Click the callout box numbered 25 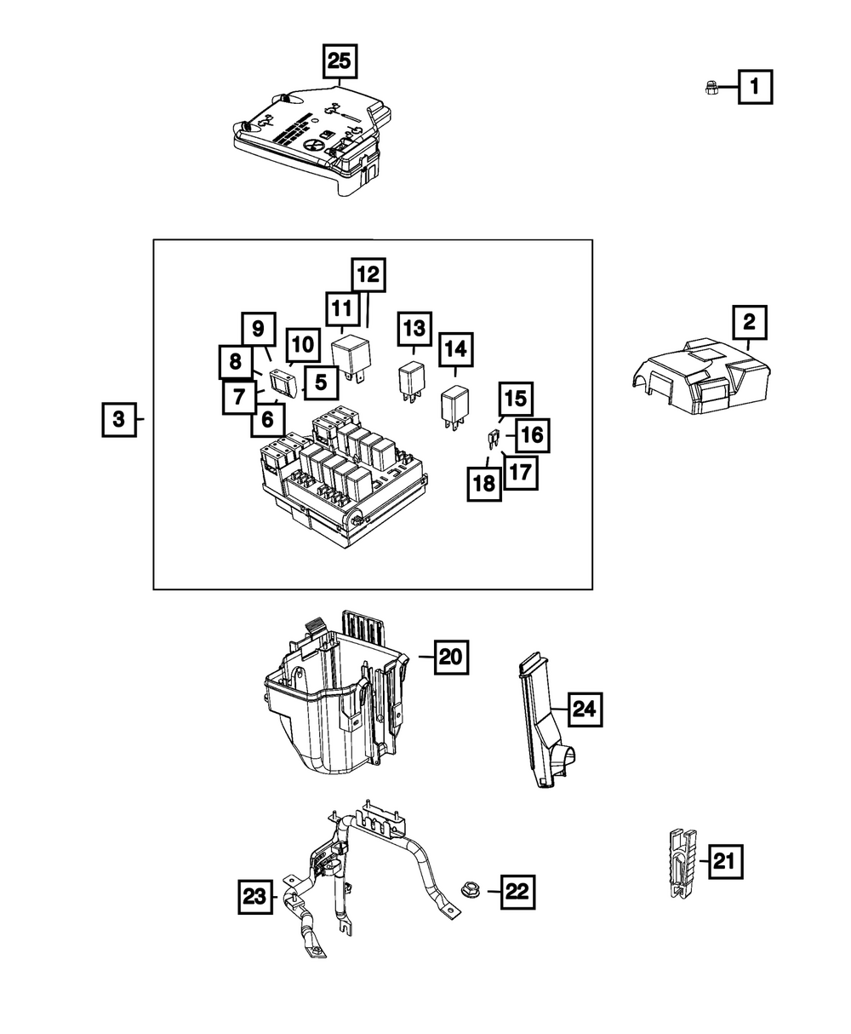pos(340,61)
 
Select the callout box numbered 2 pos(750,323)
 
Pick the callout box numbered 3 pos(119,419)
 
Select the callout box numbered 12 pos(368,275)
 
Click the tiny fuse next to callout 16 pos(493,440)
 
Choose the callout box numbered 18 pos(484,485)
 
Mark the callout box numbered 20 pos(451,657)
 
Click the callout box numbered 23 pos(254,896)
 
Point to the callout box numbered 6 pos(267,419)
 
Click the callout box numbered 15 pos(514,399)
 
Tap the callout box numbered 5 pos(320,382)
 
